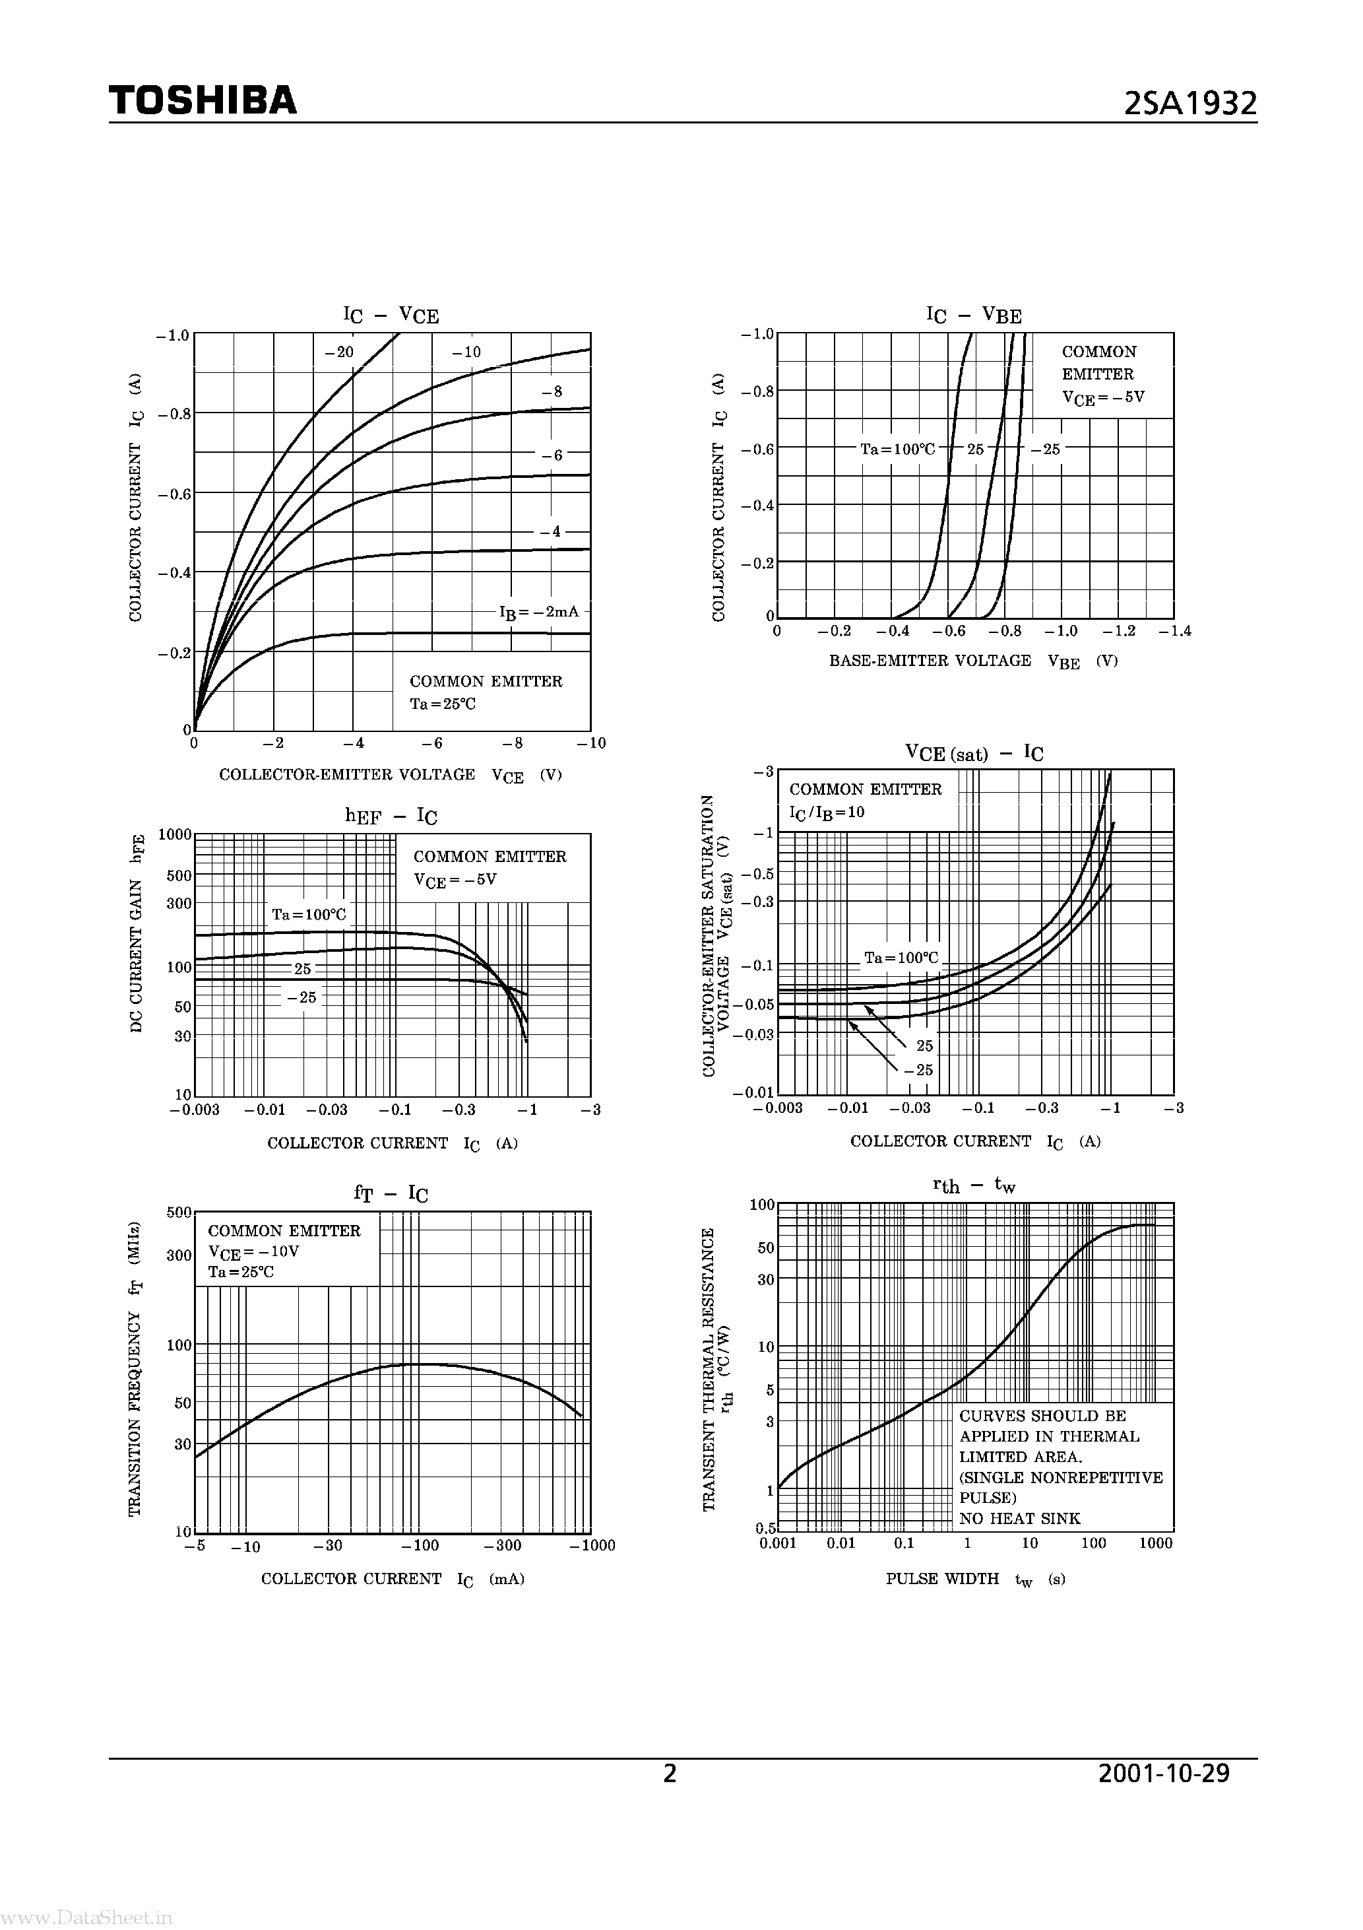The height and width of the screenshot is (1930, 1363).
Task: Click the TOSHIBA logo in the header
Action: (203, 101)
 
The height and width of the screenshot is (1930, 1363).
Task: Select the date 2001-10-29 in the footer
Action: (1164, 1773)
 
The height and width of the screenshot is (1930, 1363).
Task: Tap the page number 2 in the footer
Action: (670, 1773)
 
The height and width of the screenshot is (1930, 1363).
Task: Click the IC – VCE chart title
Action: (391, 316)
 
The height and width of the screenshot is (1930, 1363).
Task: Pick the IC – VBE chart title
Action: (974, 316)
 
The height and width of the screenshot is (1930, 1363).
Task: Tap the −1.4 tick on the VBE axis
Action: (1175, 631)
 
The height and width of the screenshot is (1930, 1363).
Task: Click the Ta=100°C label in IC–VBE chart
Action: (897, 449)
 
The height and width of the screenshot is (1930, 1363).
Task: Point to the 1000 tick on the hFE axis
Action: (175, 835)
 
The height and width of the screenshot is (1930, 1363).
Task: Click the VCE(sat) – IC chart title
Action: (974, 752)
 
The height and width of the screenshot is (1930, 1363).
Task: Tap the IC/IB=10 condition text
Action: (827, 812)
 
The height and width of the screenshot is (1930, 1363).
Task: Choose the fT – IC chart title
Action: (391, 1193)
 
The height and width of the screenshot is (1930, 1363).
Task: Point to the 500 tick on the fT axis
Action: (179, 1212)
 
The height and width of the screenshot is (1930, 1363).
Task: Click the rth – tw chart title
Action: (974, 1185)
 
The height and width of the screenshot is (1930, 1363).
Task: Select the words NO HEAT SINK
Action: (1019, 1518)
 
